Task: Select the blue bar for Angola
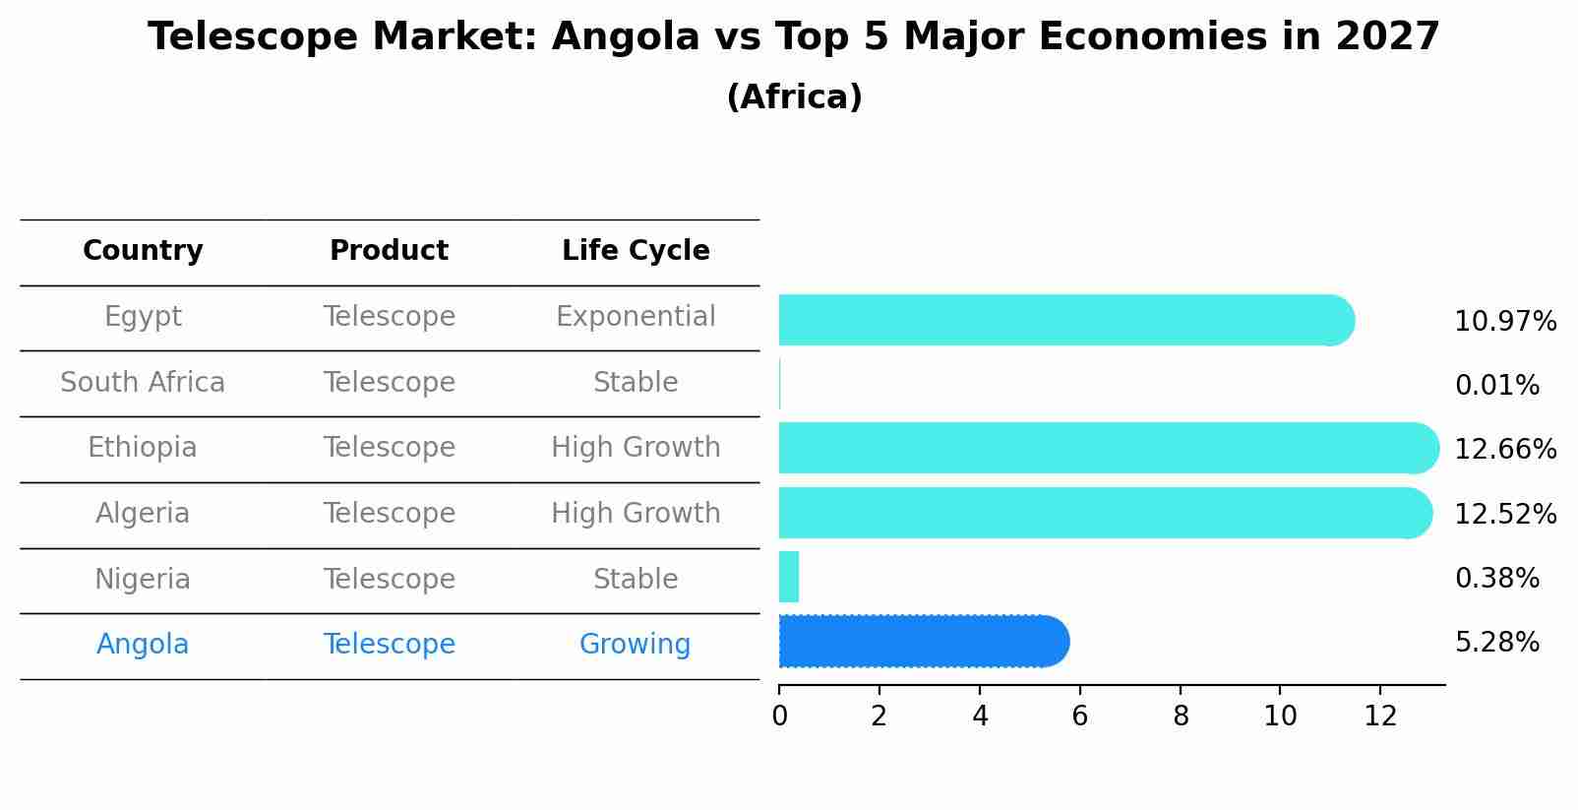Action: point(923,642)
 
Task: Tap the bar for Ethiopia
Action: point(1108,448)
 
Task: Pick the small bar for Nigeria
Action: point(788,577)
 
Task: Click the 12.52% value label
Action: point(1504,514)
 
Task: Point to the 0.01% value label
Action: point(1496,385)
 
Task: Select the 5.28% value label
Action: point(1496,643)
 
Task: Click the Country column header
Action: point(143,251)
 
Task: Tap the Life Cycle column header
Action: point(636,251)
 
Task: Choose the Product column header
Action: point(389,251)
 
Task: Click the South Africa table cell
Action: point(143,382)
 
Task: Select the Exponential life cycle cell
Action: point(636,317)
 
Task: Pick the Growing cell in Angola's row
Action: point(635,645)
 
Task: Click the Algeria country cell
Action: point(143,514)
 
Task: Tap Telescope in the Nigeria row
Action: point(389,579)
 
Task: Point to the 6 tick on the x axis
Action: point(1079,717)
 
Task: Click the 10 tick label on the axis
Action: point(1280,717)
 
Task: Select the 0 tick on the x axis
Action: point(779,717)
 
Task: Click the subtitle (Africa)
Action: point(794,97)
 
